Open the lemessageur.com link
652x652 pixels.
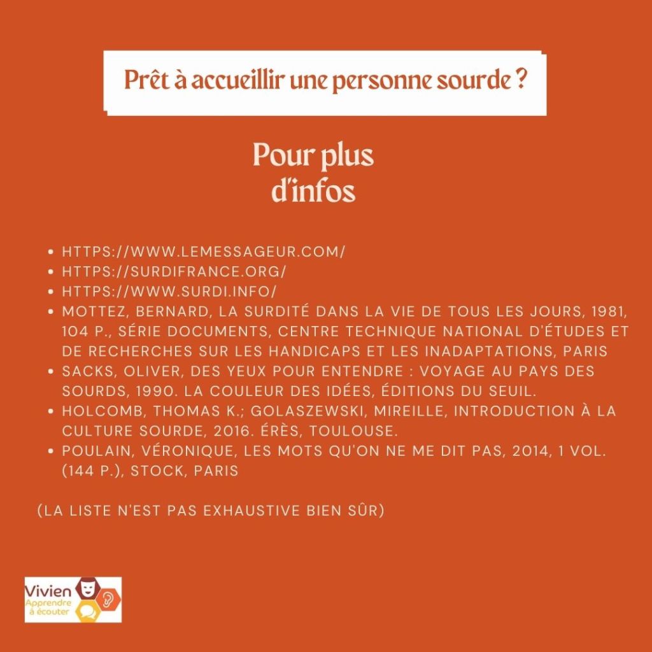point(203,252)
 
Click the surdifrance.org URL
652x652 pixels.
point(174,272)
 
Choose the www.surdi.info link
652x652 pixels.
point(169,292)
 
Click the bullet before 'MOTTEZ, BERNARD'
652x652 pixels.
point(51,312)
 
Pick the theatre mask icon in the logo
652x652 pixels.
point(85,586)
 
